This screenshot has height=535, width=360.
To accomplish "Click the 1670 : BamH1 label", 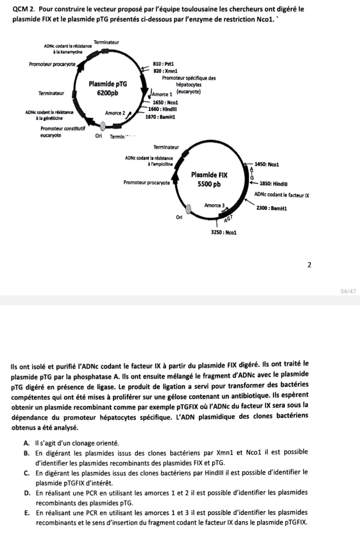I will point(160,117).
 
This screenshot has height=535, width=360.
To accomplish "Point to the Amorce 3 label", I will point(215,205).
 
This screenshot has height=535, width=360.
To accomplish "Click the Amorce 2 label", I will point(115,113).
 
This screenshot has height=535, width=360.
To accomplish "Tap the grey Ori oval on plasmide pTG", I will point(103,126).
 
